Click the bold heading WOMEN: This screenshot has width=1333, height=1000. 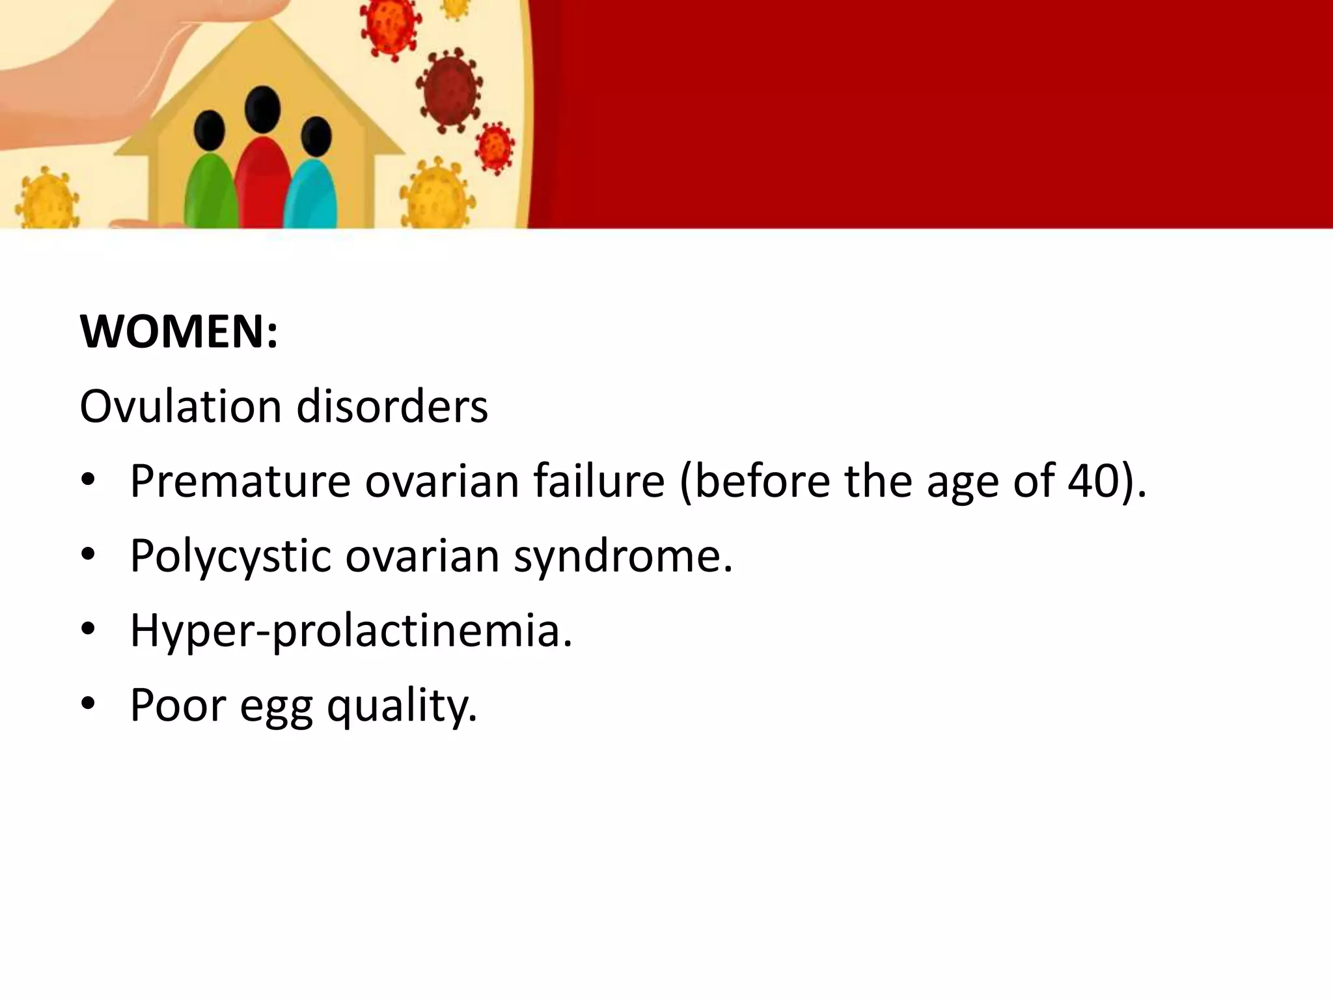pos(178,332)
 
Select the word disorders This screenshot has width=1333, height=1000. pos(392,407)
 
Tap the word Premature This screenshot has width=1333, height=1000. pos(240,482)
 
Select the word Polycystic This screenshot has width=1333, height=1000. pos(230,557)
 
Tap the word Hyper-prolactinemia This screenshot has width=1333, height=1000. pos(351,632)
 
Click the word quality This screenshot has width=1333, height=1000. pos(402,706)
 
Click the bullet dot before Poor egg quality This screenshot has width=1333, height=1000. pos(89,704)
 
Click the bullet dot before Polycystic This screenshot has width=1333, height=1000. pos(89,555)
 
